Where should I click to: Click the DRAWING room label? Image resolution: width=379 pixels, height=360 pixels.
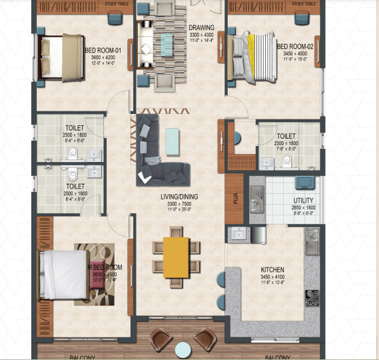[200, 27]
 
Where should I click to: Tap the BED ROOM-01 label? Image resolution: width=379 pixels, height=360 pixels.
[102, 49]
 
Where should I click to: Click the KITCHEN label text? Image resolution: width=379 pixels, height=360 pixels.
[272, 271]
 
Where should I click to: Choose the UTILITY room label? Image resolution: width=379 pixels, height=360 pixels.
[304, 201]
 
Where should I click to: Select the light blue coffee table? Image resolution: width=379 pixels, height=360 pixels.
[173, 141]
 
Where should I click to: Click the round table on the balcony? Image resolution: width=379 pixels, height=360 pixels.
[183, 349]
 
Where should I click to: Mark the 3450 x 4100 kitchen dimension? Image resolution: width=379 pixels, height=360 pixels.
[272, 277]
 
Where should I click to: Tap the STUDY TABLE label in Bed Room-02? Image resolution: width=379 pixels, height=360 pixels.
[303, 4]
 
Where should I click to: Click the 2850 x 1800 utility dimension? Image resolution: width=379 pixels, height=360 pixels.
[304, 208]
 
